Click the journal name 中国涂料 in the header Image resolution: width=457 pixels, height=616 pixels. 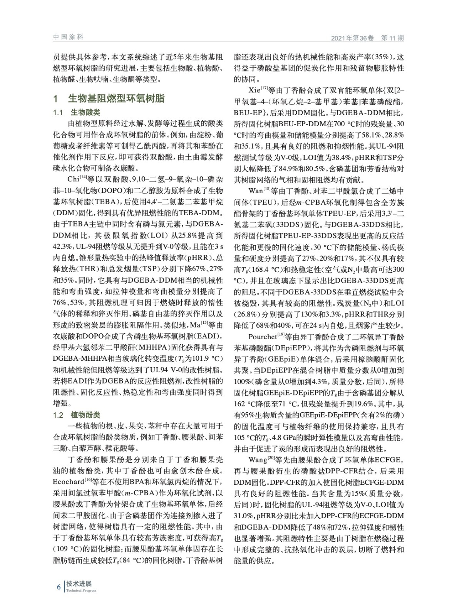[x=68, y=37]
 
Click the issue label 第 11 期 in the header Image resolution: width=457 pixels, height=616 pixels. [x=392, y=38]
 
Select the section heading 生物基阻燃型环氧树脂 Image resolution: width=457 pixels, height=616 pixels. [x=116, y=99]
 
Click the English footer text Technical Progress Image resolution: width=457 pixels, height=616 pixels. [x=81, y=591]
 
